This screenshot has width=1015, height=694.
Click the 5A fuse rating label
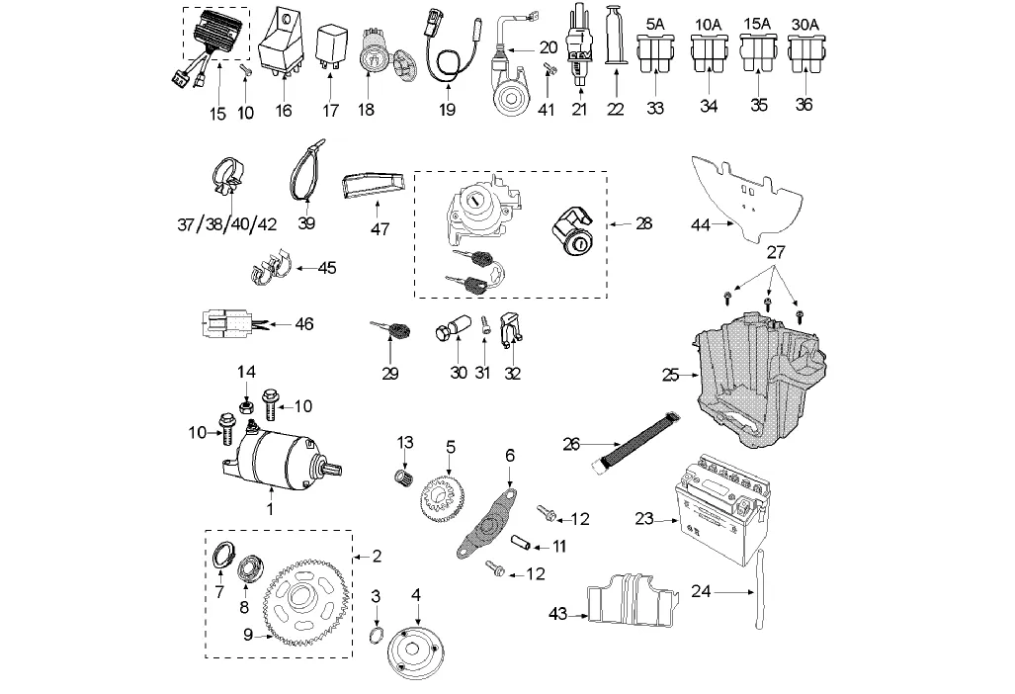tap(654, 22)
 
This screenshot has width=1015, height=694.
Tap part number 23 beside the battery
tap(644, 517)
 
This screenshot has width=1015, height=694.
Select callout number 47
tap(380, 229)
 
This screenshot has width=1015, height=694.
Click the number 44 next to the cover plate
tap(701, 225)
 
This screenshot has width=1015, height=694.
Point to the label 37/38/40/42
tap(226, 224)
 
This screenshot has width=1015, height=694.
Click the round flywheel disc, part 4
tap(414, 651)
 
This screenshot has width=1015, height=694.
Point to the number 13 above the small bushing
tap(404, 441)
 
